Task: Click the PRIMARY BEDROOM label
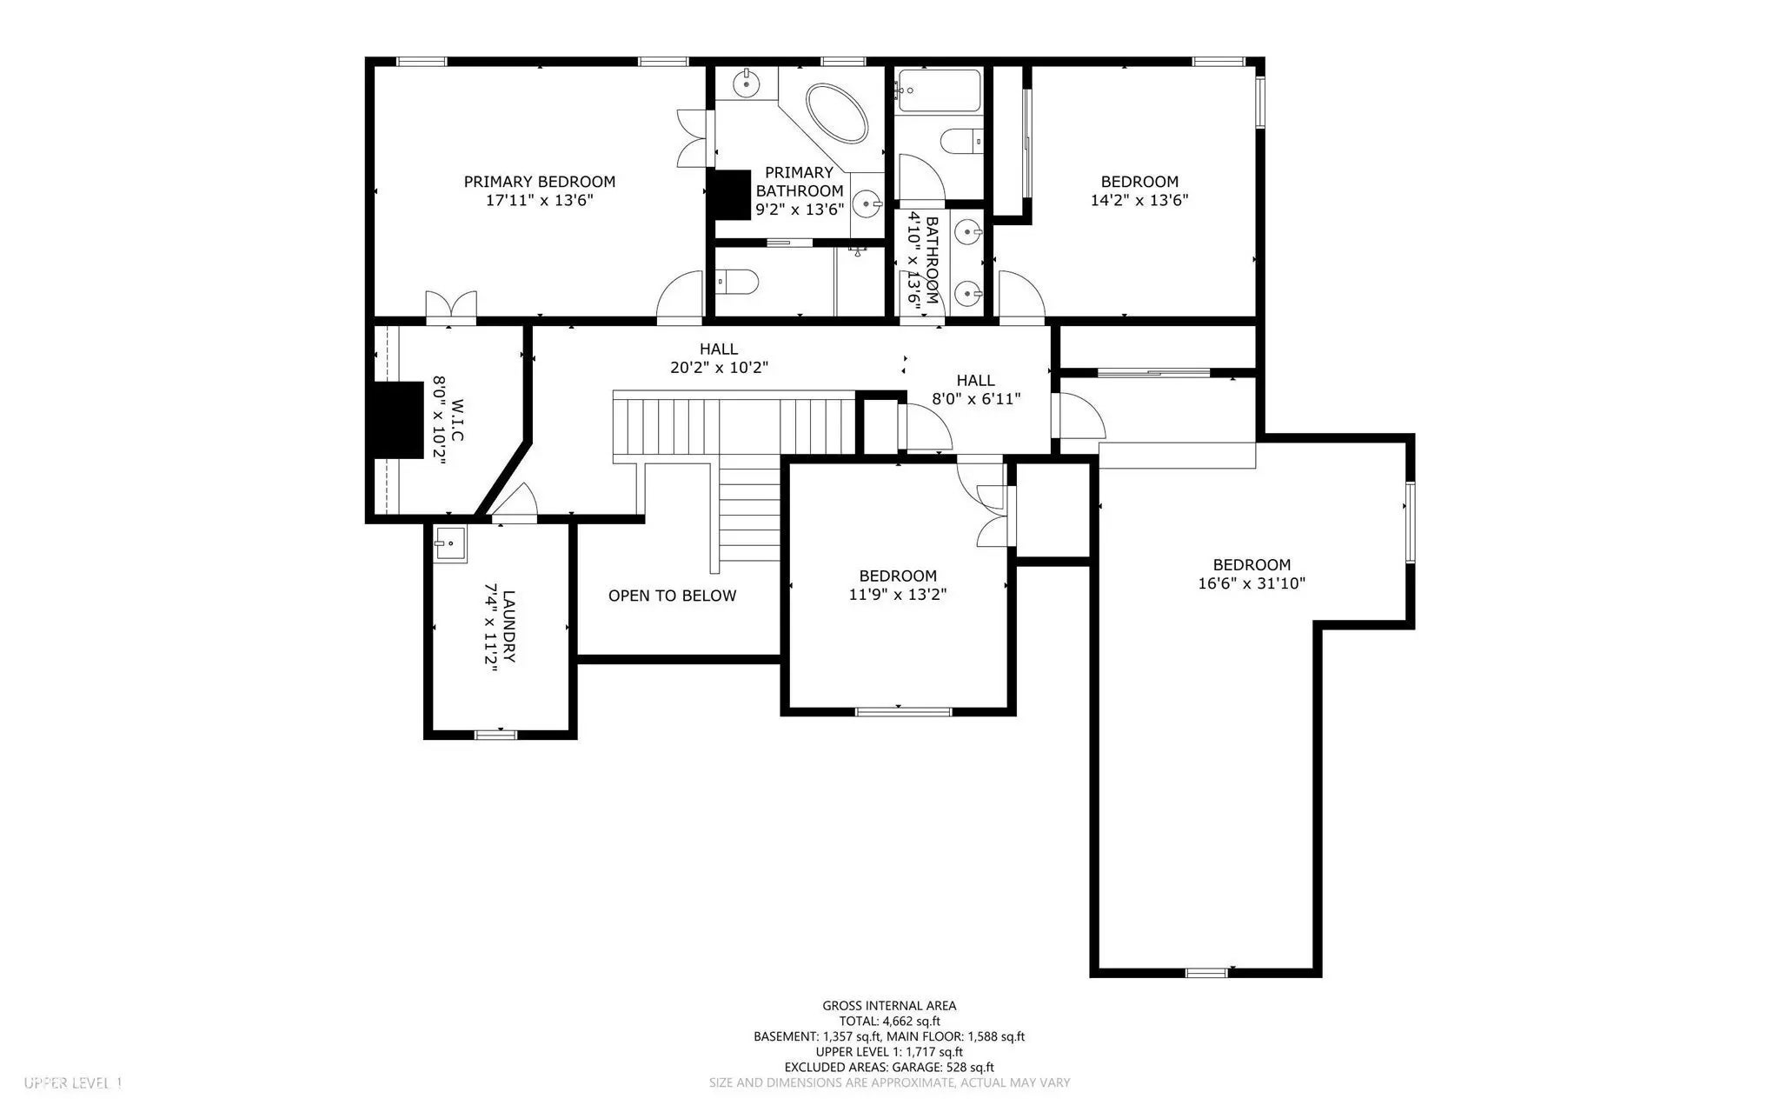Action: pos(539,182)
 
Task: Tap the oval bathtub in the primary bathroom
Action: pos(837,114)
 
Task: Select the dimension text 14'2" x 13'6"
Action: pos(1139,200)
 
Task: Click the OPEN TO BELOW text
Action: pos(672,596)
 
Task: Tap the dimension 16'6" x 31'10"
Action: pos(1251,583)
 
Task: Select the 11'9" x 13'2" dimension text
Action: pos(897,595)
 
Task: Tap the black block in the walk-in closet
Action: pos(392,414)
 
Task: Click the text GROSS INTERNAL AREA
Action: pos(889,1006)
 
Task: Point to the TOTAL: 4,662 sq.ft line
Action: pos(889,1022)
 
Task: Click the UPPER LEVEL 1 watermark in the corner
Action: pos(73,1083)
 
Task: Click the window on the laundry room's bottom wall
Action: pos(495,735)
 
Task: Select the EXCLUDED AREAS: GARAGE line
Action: pos(889,1068)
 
